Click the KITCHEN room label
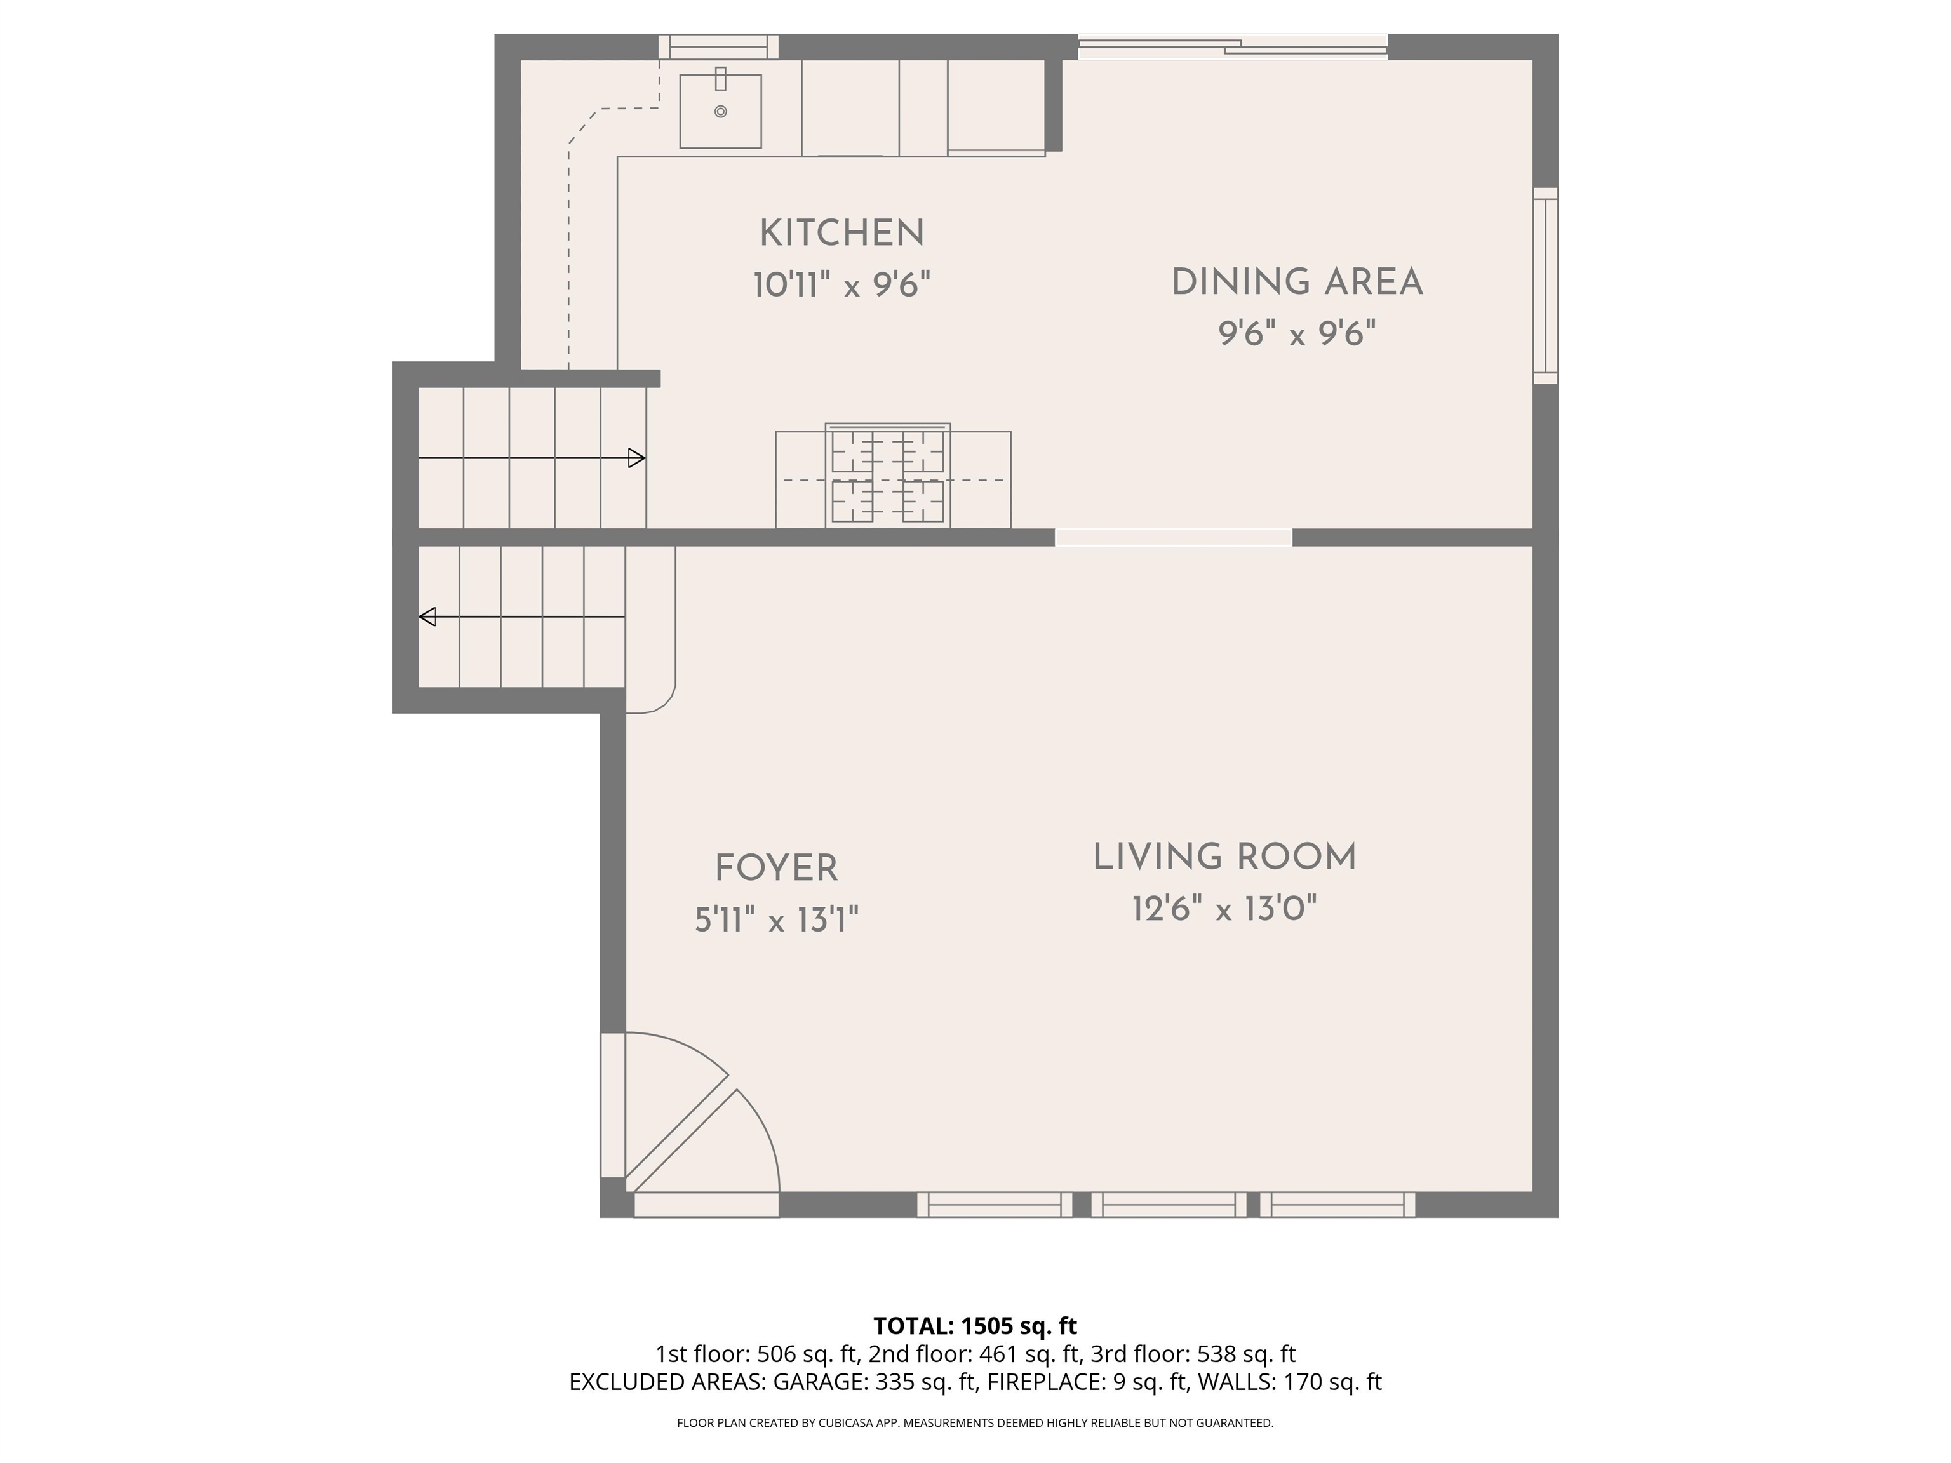point(841,234)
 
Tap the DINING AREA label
point(1297,282)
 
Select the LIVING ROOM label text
point(1224,857)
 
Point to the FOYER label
point(776,869)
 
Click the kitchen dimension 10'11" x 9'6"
point(841,285)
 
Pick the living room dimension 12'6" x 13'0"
point(1224,907)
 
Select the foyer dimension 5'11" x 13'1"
point(776,920)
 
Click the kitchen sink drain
point(721,112)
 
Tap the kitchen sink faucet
point(721,79)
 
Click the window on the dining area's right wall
point(1545,285)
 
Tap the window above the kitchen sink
point(719,47)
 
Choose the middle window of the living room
point(1169,1205)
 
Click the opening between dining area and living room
point(1174,537)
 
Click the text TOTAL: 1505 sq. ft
point(975,1325)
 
